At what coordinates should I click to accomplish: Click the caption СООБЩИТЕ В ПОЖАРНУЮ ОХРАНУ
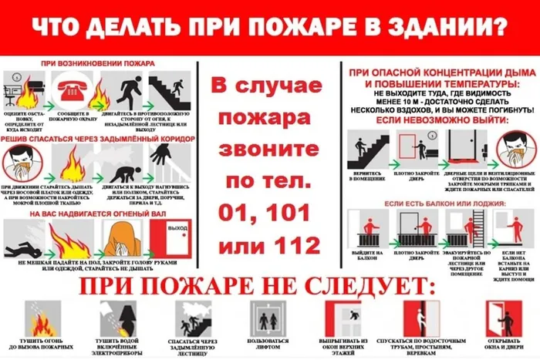tap(73, 116)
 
